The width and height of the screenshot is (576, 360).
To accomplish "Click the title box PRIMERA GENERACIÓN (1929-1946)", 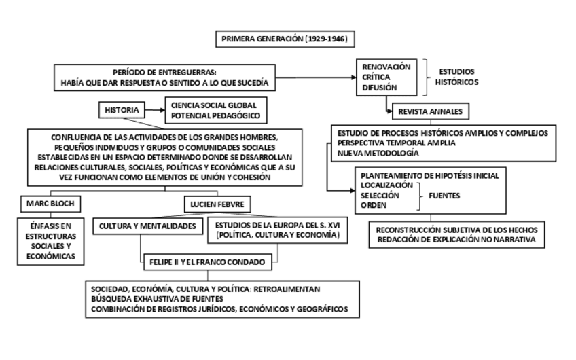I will [x=285, y=39].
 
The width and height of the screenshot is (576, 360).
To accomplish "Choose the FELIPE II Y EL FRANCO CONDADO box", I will [x=205, y=260].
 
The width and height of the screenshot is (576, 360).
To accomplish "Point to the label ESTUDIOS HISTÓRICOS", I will [x=457, y=77].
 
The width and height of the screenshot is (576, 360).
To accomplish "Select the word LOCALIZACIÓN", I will [x=387, y=185].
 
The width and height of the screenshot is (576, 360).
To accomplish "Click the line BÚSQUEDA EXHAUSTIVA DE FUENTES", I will [x=162, y=299].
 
